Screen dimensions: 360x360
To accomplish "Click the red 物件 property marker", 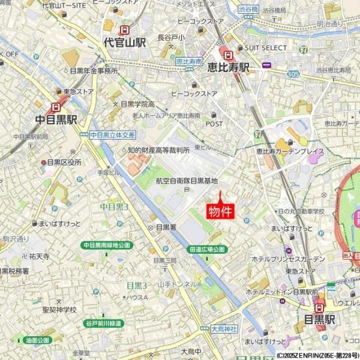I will [220, 211].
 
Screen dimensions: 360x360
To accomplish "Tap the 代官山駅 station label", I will [125, 43].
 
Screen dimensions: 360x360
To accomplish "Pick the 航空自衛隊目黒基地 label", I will [187, 181].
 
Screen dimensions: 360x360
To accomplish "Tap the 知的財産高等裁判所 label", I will [158, 149].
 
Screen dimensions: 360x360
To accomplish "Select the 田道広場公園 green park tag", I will [206, 249].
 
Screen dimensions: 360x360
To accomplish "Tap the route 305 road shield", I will [293, 73].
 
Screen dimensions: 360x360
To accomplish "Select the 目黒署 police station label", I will [166, 227].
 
